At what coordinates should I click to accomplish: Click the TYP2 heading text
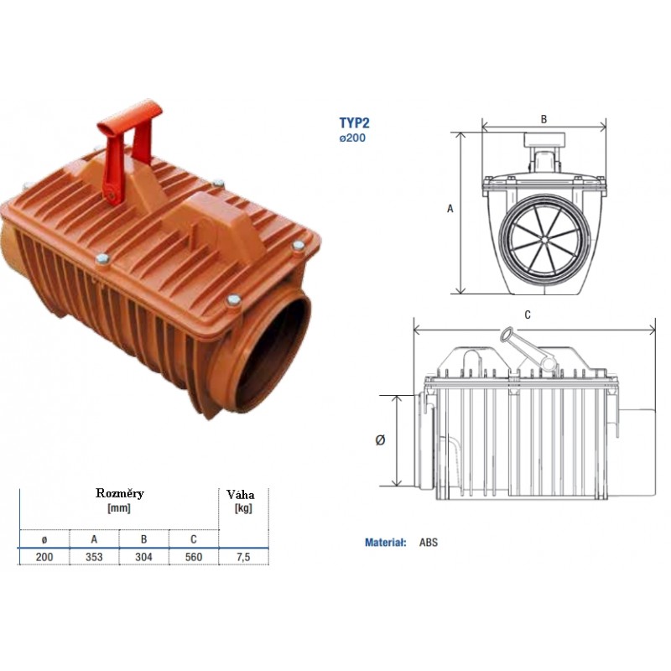[x=354, y=122]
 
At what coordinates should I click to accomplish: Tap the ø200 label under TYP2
[x=352, y=138]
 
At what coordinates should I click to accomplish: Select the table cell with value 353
[x=94, y=557]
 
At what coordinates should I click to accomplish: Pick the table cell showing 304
[x=143, y=557]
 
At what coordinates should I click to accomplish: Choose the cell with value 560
[x=194, y=557]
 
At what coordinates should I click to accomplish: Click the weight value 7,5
[x=243, y=557]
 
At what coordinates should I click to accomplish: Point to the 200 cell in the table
[x=44, y=557]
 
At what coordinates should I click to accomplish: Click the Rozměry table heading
[x=120, y=493]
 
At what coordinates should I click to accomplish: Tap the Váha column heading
[x=241, y=495]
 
